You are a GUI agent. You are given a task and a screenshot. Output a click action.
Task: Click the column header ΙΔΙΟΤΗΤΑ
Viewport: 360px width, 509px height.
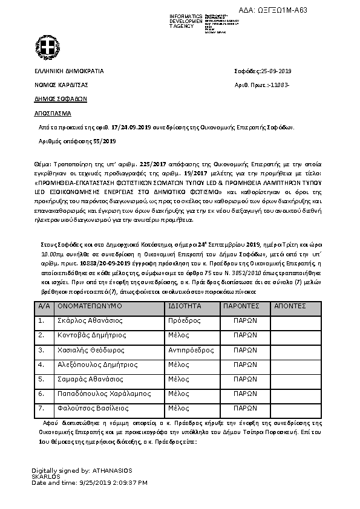(185, 306)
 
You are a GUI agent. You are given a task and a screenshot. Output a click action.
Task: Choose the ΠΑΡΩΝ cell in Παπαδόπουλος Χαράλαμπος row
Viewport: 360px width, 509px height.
(246, 394)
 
